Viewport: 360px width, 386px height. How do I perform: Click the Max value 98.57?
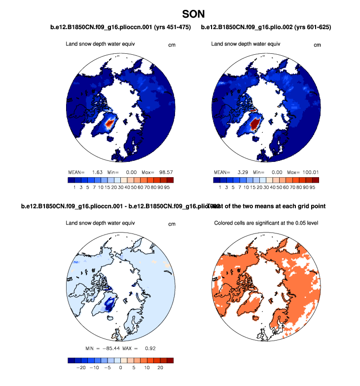coord(165,172)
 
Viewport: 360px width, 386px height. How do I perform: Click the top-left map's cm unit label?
coord(172,45)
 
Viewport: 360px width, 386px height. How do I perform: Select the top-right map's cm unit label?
coord(317,45)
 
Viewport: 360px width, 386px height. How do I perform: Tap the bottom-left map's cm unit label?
coord(172,224)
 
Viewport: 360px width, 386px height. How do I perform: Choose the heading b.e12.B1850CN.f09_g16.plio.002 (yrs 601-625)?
coord(266,27)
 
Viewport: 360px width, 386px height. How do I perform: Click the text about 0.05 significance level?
coord(266,223)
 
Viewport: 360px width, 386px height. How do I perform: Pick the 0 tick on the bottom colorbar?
coord(120,368)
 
